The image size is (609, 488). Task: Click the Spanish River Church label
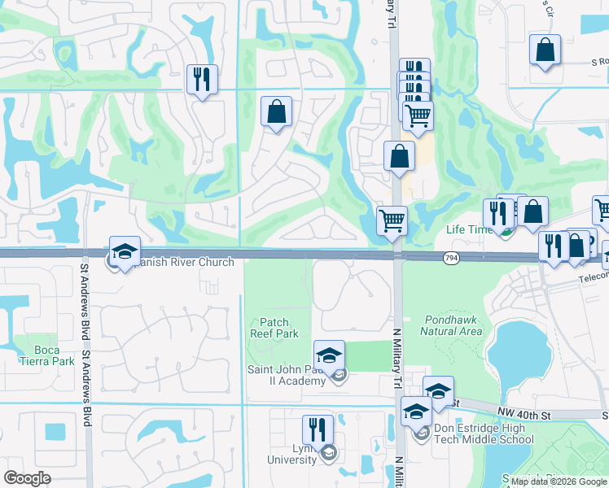(182, 262)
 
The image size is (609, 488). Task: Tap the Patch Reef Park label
(279, 329)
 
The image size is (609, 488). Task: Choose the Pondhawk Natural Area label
(451, 325)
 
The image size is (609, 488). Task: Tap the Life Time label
(467, 229)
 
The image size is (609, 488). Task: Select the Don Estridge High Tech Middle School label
(484, 434)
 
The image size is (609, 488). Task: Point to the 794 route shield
(449, 258)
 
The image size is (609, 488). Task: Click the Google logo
(27, 477)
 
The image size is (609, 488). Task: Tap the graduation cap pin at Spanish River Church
(125, 252)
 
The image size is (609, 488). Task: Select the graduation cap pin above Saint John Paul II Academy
(329, 356)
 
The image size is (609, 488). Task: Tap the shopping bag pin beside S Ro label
(545, 50)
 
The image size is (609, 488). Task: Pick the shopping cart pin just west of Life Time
(392, 220)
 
